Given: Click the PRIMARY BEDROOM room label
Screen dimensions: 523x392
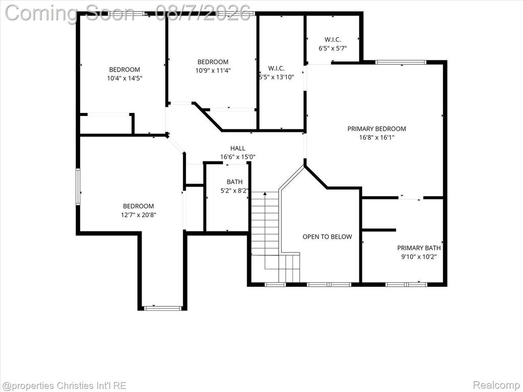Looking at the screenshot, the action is (377, 129).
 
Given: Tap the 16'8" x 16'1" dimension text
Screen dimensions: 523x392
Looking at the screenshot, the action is (377, 137).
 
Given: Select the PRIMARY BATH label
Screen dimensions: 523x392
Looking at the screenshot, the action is (419, 248).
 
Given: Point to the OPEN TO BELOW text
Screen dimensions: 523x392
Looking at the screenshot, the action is (327, 237).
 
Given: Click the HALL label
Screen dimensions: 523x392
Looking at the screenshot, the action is (238, 148).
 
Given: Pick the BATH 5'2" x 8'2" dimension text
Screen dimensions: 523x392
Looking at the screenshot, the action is (235, 191).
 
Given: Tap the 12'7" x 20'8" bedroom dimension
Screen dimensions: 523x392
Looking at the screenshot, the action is (139, 215).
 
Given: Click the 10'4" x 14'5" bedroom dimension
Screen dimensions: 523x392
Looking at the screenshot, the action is (125, 78).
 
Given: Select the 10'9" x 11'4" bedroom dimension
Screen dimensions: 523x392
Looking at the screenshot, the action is (213, 71).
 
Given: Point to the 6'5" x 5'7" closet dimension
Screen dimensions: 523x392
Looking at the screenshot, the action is (332, 49).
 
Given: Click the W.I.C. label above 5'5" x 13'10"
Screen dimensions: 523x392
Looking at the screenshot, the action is (276, 68).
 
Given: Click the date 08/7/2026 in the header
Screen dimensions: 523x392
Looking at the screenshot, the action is (203, 13).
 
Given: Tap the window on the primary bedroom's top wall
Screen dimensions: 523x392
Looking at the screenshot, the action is (401, 62).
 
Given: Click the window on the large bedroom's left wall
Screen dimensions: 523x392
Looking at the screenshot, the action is (78, 187).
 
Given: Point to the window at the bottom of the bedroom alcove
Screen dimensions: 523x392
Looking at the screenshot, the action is (163, 308).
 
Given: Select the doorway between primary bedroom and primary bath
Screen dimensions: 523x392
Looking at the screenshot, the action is (411, 198).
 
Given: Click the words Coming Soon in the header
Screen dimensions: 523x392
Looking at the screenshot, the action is (70, 13).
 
